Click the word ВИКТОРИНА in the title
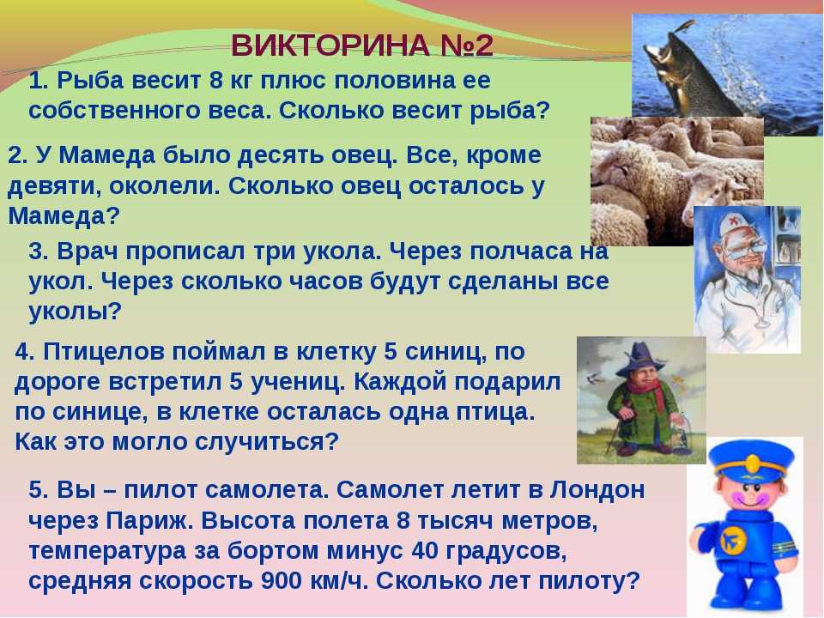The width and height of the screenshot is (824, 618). click(x=330, y=45)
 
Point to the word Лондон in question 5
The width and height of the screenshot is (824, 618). click(x=597, y=490)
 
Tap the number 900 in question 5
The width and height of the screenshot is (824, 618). click(x=281, y=581)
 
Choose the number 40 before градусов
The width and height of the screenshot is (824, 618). click(x=426, y=551)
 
